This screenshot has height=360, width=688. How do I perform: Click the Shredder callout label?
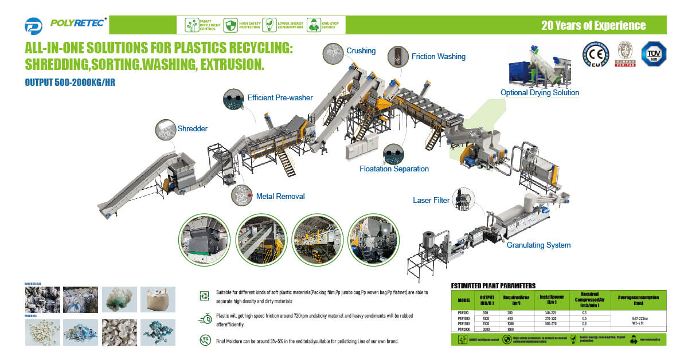pyautogui.click(x=193, y=129)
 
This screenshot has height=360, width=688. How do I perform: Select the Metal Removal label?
pyautogui.click(x=280, y=197)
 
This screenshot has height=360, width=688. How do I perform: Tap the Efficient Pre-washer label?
pyautogui.click(x=280, y=98)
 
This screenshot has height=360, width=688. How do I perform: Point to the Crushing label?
pyautogui.click(x=361, y=51)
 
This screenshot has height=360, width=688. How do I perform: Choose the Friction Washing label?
pyautogui.click(x=438, y=57)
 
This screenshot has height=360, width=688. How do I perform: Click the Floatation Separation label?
pyautogui.click(x=394, y=169)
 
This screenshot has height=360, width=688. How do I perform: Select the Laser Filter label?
pyautogui.click(x=431, y=201)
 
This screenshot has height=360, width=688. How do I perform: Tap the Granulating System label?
pyautogui.click(x=538, y=245)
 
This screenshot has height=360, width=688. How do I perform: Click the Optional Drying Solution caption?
pyautogui.click(x=540, y=93)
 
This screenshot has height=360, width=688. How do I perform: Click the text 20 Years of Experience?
pyautogui.click(x=593, y=26)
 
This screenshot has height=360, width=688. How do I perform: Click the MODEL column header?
pyautogui.click(x=464, y=300)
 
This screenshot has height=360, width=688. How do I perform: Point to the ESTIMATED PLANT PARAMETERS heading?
pyautogui.click(x=493, y=285)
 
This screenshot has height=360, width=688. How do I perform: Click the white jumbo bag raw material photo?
pyautogui.click(x=154, y=299)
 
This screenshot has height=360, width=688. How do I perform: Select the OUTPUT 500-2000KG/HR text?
pyautogui.click(x=71, y=83)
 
